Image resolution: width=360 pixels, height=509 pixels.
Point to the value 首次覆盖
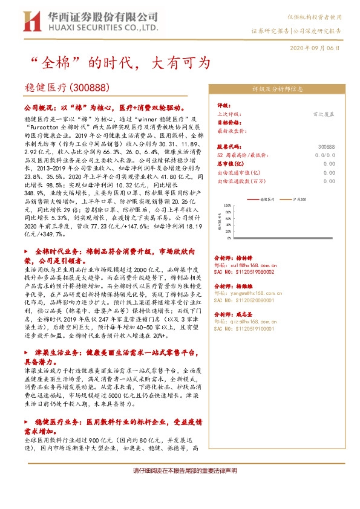coord(323,113)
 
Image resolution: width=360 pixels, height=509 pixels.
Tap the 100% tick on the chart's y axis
coord(225,205)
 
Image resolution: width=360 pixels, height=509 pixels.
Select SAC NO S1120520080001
coord(245,299)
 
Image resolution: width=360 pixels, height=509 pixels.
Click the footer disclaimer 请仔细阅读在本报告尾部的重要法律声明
coord(180,471)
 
